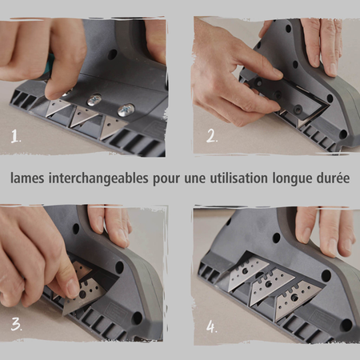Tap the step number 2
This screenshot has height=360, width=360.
[x=212, y=136]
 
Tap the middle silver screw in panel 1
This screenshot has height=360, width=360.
[x=94, y=100]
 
